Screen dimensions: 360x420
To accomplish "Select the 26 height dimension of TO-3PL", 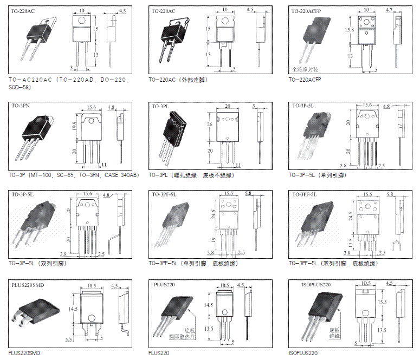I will [x=211, y=124].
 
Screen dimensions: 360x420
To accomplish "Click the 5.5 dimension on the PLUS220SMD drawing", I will [x=69, y=339].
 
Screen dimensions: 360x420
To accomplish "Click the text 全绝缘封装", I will [x=306, y=69].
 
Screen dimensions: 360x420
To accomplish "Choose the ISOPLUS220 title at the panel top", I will [x=315, y=284].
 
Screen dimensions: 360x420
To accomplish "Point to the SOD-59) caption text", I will [x=20, y=87].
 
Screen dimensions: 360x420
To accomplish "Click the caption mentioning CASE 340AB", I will [x=74, y=175].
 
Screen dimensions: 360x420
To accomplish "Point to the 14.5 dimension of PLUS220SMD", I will [x=75, y=309].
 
